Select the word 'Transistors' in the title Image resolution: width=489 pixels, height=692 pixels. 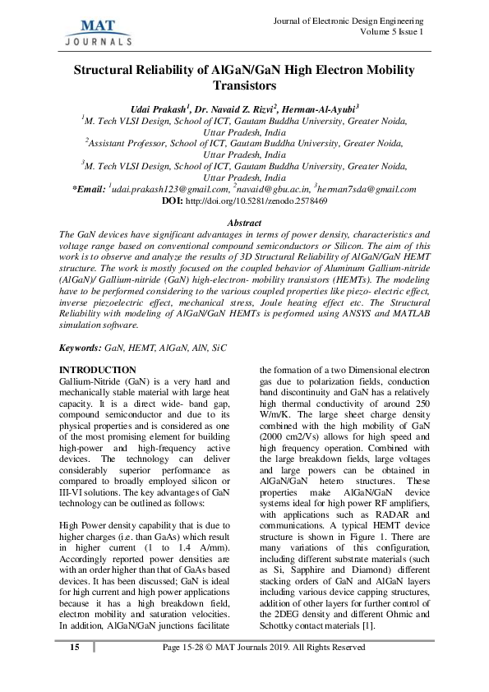(x=244, y=84)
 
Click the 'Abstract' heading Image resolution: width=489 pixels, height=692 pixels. (x=244, y=224)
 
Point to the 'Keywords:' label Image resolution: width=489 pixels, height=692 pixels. (x=80, y=348)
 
